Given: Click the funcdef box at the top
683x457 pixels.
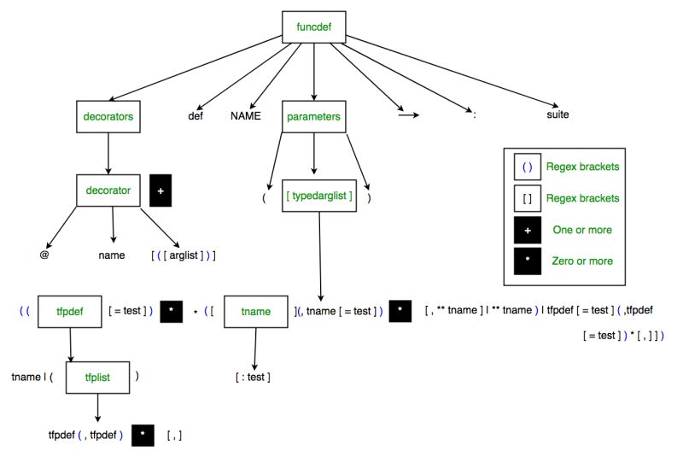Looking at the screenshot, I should coord(313,27).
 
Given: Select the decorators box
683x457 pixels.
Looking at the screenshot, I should coord(108,116).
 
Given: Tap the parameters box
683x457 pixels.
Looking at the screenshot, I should coord(313,116).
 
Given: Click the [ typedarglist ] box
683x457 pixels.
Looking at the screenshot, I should coord(319,196).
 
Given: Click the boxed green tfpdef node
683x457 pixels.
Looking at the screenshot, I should coord(68,312).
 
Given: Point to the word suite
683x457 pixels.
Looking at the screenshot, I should coord(557,114).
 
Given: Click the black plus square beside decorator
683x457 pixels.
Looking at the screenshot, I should coord(162,190).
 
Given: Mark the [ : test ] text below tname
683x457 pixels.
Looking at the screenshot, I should coord(254,376).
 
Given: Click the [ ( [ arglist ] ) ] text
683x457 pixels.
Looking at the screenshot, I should coord(183,255).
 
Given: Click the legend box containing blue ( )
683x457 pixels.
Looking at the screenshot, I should coord(526,167).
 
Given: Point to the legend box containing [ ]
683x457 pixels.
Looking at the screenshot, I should coord(526,198).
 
